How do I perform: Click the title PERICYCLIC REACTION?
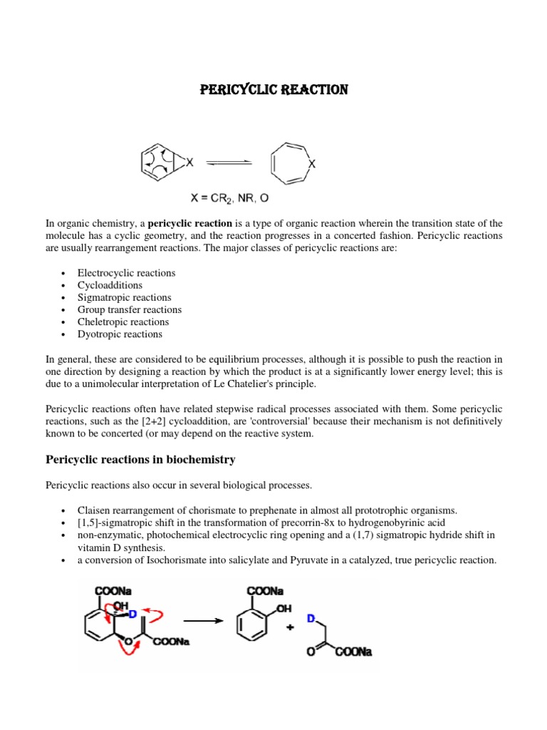273,90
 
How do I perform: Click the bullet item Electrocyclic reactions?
126,273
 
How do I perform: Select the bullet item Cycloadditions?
110,285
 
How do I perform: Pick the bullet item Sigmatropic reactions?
124,297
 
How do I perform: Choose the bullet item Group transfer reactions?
129,309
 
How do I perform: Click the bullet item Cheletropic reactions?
123,322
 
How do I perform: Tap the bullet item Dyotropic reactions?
120,334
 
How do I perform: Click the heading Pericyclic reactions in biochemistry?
140,459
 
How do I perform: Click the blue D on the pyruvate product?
311,619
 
